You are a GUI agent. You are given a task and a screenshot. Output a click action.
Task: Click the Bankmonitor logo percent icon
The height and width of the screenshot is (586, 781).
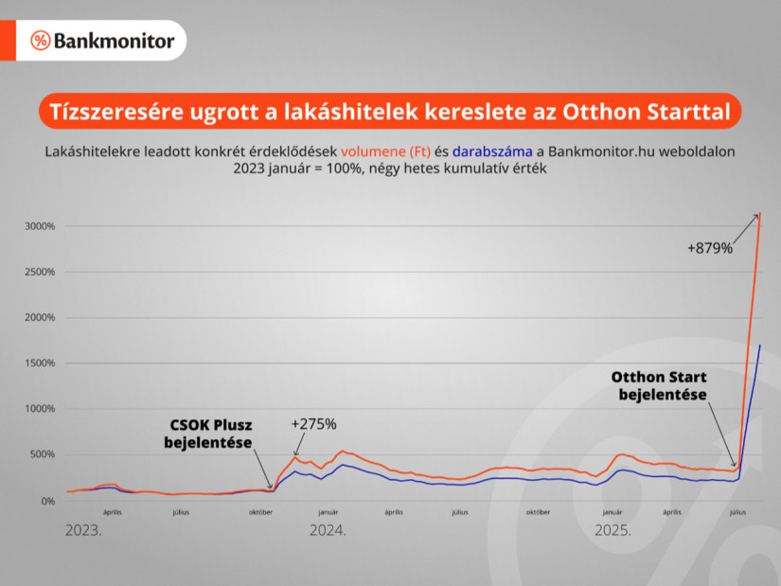(41, 41)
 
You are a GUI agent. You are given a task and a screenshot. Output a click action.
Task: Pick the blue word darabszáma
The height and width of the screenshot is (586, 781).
(492, 151)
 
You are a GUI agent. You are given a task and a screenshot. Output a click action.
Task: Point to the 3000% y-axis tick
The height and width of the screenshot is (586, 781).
(42, 226)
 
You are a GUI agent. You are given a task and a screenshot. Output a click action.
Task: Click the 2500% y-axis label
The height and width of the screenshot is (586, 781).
(42, 272)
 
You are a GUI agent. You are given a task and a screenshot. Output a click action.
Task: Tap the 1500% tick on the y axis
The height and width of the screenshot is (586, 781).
(42, 364)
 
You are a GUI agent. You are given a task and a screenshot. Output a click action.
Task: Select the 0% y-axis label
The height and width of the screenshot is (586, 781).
(48, 501)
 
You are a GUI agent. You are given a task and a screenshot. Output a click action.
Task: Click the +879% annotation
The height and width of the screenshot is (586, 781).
(710, 248)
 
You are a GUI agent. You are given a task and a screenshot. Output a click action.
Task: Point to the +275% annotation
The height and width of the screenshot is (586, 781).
(314, 424)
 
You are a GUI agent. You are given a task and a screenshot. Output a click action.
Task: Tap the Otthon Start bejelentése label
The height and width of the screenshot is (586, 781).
(659, 385)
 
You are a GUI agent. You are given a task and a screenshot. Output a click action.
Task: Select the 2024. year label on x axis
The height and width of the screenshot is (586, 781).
(328, 531)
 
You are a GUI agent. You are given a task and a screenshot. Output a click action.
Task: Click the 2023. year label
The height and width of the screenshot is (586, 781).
(82, 531)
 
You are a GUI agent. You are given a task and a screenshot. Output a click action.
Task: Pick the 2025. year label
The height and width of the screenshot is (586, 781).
(612, 531)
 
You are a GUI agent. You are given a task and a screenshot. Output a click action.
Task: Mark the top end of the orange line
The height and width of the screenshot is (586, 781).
(760, 214)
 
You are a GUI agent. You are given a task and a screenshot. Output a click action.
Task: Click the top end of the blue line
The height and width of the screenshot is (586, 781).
(760, 346)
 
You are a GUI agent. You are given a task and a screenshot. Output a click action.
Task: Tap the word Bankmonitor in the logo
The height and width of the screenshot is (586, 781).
(115, 41)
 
